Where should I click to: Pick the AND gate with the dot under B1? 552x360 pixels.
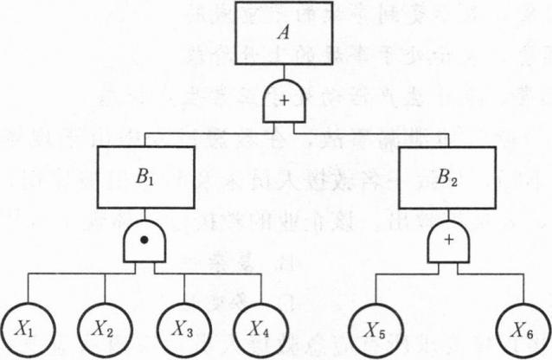click(x=145, y=243)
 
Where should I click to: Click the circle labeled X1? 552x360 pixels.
click(x=28, y=328)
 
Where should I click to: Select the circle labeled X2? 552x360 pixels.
click(x=106, y=328)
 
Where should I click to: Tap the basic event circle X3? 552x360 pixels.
click(x=183, y=328)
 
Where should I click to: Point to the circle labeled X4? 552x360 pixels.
click(x=259, y=328)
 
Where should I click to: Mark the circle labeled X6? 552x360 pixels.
click(x=522, y=328)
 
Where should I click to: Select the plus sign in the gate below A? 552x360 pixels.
click(x=284, y=102)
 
